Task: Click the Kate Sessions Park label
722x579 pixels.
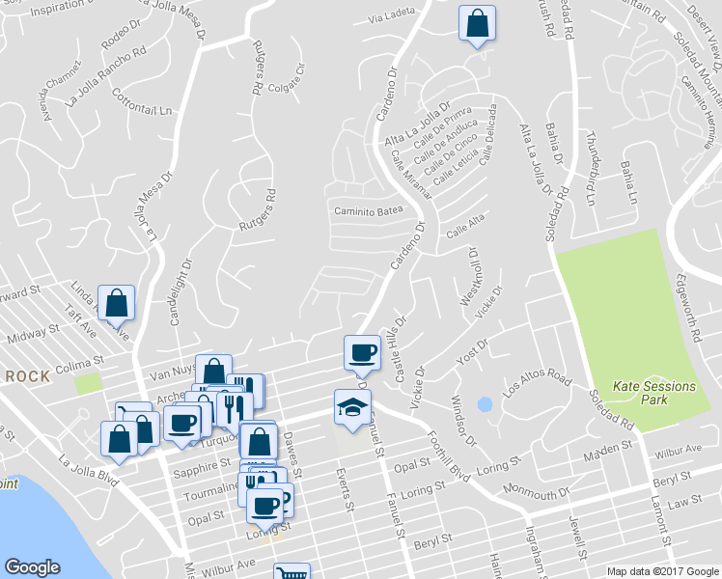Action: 655,393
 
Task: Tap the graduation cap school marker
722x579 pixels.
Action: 352,407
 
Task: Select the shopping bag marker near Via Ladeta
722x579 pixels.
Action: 477,23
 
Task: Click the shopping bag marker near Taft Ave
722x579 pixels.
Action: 116,303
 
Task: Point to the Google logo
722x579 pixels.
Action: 32,567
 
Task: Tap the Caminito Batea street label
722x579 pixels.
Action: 368,210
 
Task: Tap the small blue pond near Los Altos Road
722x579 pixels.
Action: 485,403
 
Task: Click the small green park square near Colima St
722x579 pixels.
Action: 89,382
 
